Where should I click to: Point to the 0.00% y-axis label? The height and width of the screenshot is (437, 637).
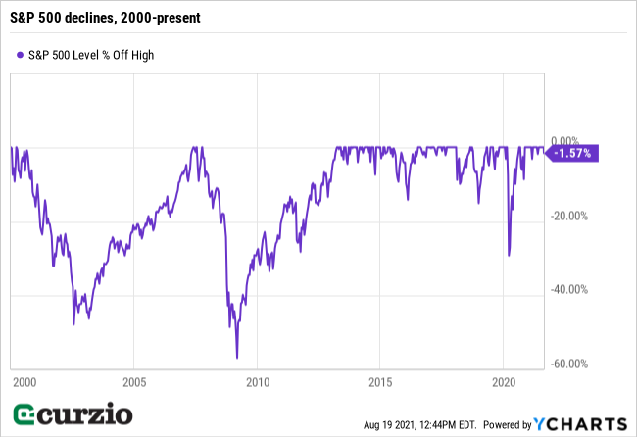[570, 140]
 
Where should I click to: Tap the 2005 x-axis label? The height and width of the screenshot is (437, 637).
[134, 381]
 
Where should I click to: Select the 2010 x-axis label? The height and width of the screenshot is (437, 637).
[257, 381]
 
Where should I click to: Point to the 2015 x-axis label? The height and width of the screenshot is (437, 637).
[380, 381]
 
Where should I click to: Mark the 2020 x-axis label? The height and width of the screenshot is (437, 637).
[503, 381]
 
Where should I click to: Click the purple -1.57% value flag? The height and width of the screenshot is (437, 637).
[572, 153]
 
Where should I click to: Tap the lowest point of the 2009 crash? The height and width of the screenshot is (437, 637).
[237, 358]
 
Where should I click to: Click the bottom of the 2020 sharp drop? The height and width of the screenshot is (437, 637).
[509, 255]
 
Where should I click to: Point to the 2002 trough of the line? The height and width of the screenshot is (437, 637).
[73, 324]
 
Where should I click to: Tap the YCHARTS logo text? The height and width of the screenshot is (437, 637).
[587, 423]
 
